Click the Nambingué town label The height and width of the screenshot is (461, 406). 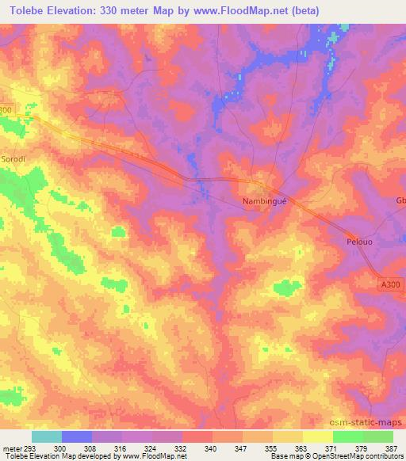(x=262, y=201)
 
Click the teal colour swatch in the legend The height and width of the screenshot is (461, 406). (x=46, y=436)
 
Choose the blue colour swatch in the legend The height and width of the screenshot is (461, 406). (x=77, y=436)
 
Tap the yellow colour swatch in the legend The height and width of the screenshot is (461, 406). (x=317, y=436)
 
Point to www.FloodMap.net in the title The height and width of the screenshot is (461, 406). (x=239, y=10)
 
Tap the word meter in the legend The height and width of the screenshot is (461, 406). (x=11, y=448)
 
